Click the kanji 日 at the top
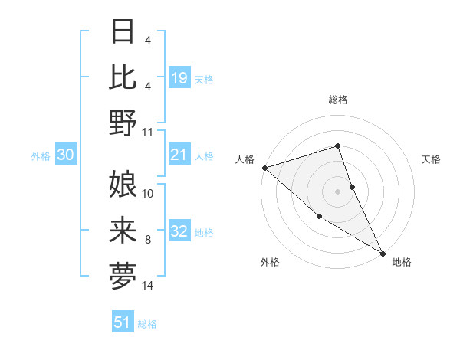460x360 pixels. (123, 33)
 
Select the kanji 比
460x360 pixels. (123, 77)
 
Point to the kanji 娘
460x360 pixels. (123, 185)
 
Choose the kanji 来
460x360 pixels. (123, 229)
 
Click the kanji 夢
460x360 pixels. (123, 274)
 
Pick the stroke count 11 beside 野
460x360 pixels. (148, 132)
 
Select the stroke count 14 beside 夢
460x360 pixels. (148, 286)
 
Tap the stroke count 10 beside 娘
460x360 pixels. (148, 194)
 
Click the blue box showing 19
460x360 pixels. (179, 77)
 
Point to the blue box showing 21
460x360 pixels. (179, 155)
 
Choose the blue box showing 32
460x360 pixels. (179, 232)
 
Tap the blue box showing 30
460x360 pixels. (66, 155)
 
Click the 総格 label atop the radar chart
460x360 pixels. (337, 100)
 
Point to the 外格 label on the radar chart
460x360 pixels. (270, 262)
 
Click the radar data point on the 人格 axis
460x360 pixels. (264, 168)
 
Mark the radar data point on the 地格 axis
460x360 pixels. (383, 253)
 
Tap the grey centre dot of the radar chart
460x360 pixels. (337, 191)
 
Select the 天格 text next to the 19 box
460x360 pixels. (204, 79)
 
